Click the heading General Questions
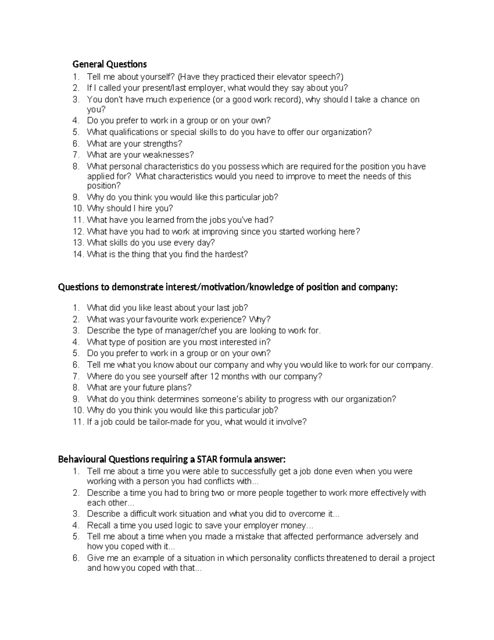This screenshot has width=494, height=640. [x=110, y=64]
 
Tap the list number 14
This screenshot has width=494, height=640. [x=78, y=254]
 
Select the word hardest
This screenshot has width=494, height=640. [x=230, y=254]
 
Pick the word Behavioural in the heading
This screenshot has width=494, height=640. [x=82, y=459]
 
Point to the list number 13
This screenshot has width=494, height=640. [x=78, y=243]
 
